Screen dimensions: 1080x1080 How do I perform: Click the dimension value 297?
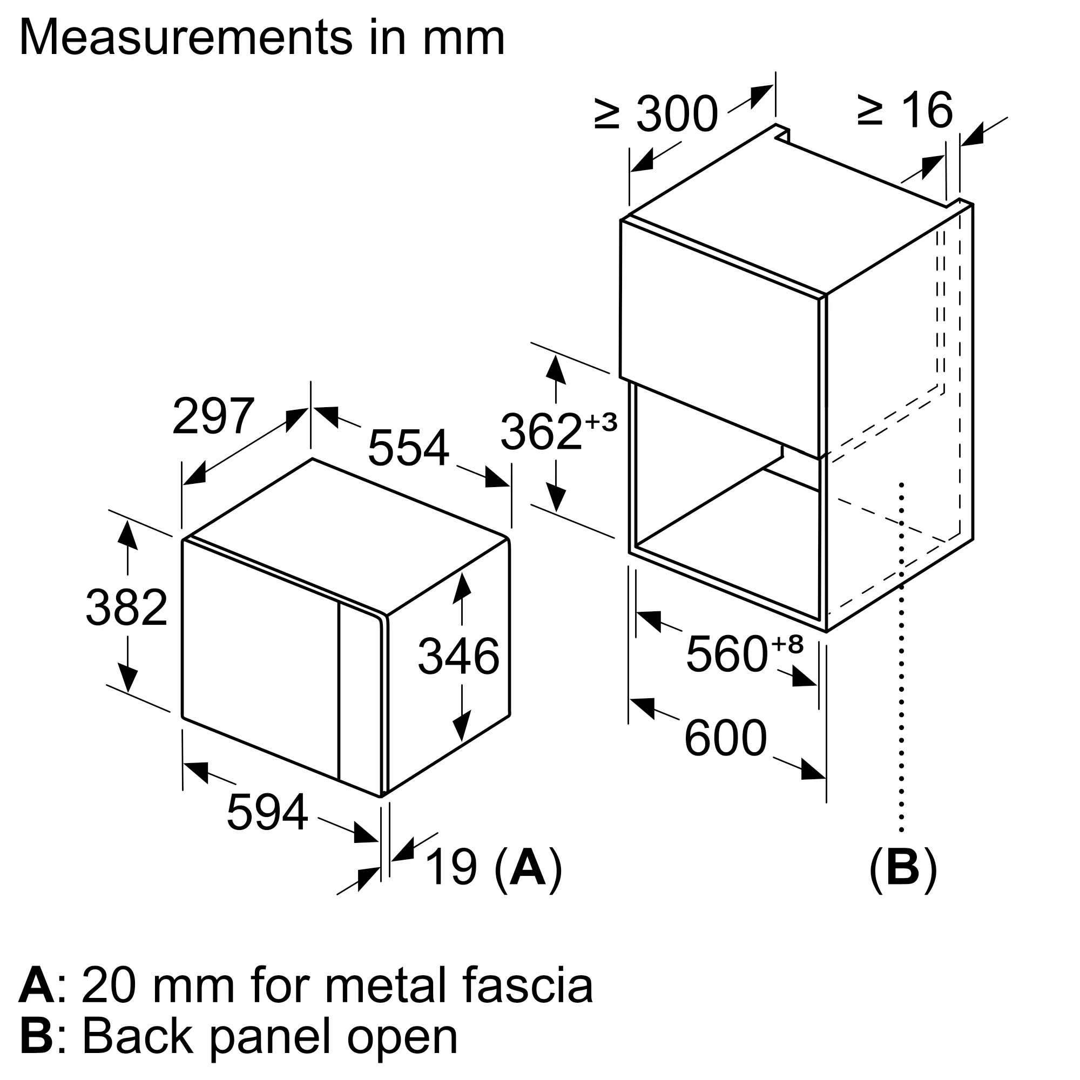click(213, 416)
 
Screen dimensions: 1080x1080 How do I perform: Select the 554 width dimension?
click(408, 448)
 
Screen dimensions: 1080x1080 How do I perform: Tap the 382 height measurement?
click(126, 607)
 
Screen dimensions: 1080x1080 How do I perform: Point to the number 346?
click(458, 656)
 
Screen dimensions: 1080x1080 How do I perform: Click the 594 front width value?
click(267, 812)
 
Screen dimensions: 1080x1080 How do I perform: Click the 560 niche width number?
click(726, 654)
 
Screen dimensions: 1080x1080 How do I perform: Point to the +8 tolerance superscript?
click(787, 644)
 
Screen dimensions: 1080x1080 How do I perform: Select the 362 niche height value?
click(541, 431)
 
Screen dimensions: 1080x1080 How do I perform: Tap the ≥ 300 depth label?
click(656, 113)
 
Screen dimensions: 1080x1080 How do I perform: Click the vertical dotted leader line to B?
click(901, 671)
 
